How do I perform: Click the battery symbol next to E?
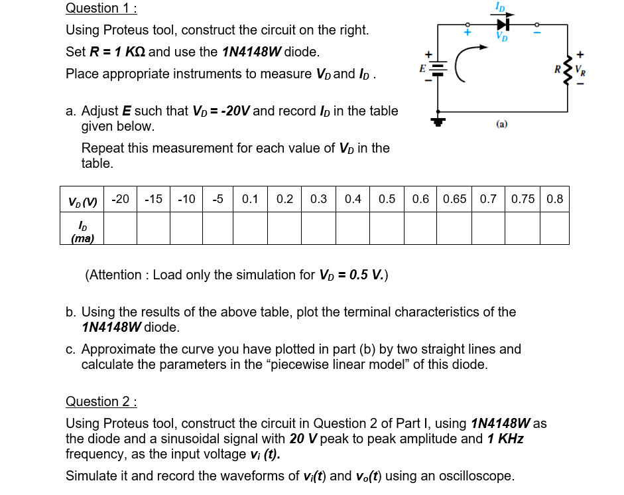point(437,68)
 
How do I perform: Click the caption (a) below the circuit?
point(501,123)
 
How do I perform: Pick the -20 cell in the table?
point(120,198)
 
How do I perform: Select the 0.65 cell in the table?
point(454,198)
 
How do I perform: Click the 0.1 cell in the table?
point(251,198)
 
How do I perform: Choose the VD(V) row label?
point(82,200)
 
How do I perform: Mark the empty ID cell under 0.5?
point(387,228)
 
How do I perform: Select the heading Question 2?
point(101,401)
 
